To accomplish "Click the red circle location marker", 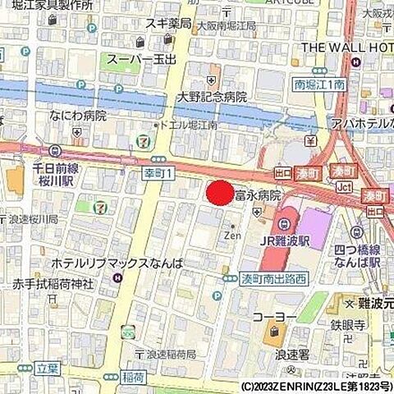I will coord(219,194).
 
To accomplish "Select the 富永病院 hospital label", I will coord(258,196).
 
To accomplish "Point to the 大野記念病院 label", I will coord(213,97).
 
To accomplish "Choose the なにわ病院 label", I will coord(78,116).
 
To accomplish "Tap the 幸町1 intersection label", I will coord(158,174).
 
